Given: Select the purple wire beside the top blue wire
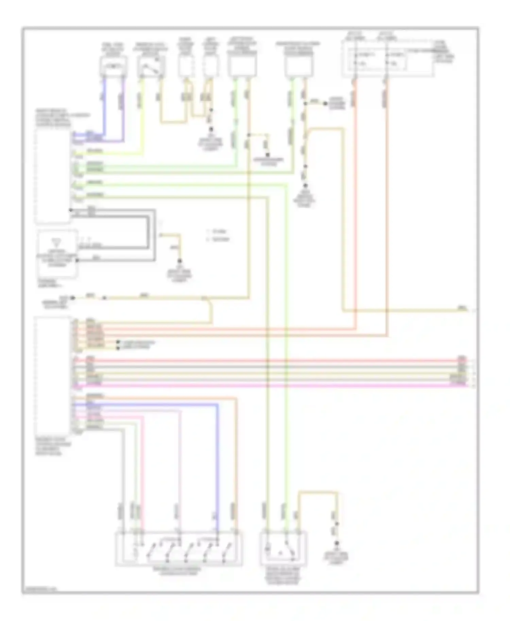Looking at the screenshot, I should [123, 109].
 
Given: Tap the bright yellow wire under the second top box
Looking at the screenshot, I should [142, 112].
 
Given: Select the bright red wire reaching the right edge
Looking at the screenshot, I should [272, 360].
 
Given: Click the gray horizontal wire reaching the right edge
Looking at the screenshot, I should [272, 367].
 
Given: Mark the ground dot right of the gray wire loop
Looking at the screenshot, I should [180, 261].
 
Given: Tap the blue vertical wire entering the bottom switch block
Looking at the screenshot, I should [218, 476].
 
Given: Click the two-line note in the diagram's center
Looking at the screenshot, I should [218, 235].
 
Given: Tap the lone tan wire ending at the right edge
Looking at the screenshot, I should [408, 310].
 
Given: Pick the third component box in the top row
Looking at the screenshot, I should [186, 66].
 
